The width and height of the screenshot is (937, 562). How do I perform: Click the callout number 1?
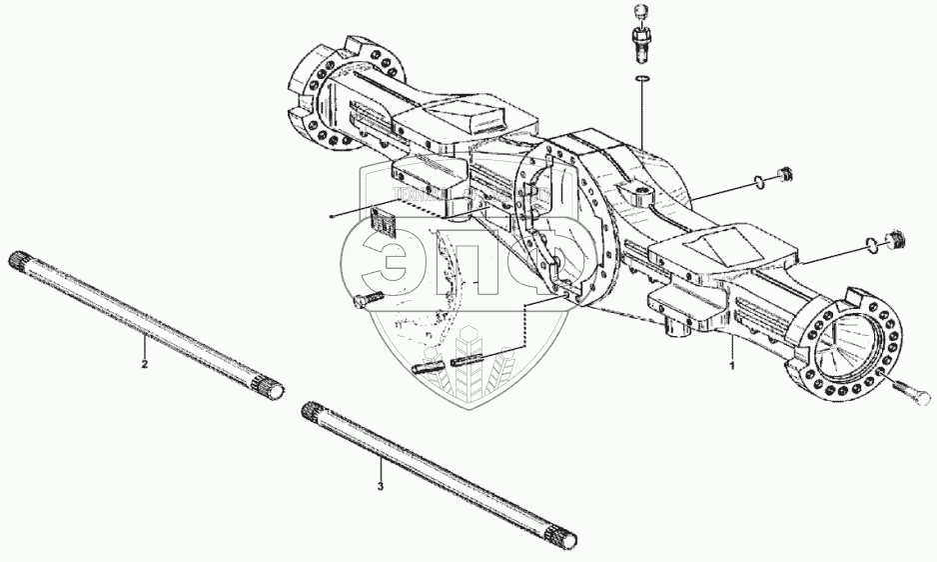732,366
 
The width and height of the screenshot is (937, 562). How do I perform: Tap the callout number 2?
145,365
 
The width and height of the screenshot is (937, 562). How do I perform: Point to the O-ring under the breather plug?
640,79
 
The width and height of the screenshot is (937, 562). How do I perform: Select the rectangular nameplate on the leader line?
382,219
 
